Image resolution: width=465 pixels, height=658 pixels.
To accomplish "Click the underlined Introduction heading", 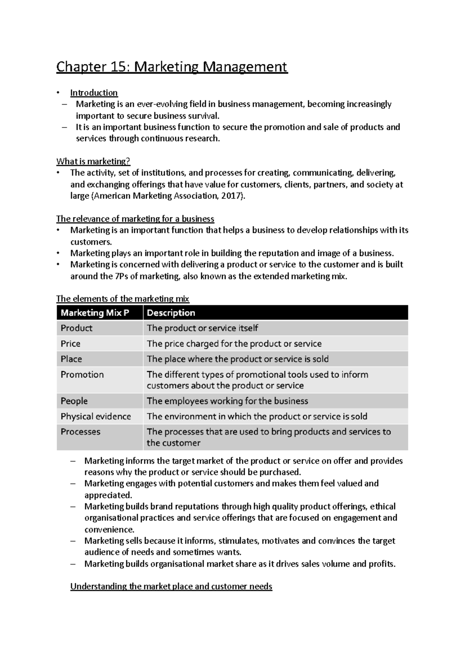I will (94, 93).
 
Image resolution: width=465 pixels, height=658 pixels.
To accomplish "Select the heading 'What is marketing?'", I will (93, 161).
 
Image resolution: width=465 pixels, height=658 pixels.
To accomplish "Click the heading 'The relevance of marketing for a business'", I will (135, 219).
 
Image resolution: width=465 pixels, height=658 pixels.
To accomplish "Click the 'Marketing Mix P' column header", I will (95, 313).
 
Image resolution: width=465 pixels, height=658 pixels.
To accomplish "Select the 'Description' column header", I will (171, 313).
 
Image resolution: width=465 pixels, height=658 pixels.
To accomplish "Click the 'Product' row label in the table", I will (77, 328).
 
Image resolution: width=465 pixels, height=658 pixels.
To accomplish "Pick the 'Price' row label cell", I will (71, 344).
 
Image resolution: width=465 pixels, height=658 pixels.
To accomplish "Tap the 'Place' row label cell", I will (71, 359).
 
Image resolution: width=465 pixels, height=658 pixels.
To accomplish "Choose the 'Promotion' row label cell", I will (82, 375).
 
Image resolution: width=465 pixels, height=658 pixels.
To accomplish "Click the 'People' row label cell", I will (74, 401).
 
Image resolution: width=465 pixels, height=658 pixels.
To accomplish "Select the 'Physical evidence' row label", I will (96, 417).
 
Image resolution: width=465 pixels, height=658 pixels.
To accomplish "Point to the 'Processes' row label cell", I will (81, 432).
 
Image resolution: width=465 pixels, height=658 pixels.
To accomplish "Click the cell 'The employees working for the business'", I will (227, 401).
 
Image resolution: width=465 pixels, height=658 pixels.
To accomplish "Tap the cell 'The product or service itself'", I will (202, 328).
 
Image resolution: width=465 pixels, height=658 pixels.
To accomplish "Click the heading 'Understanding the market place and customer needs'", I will (171, 586).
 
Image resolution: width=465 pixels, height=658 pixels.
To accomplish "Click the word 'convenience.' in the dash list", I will (109, 529).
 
